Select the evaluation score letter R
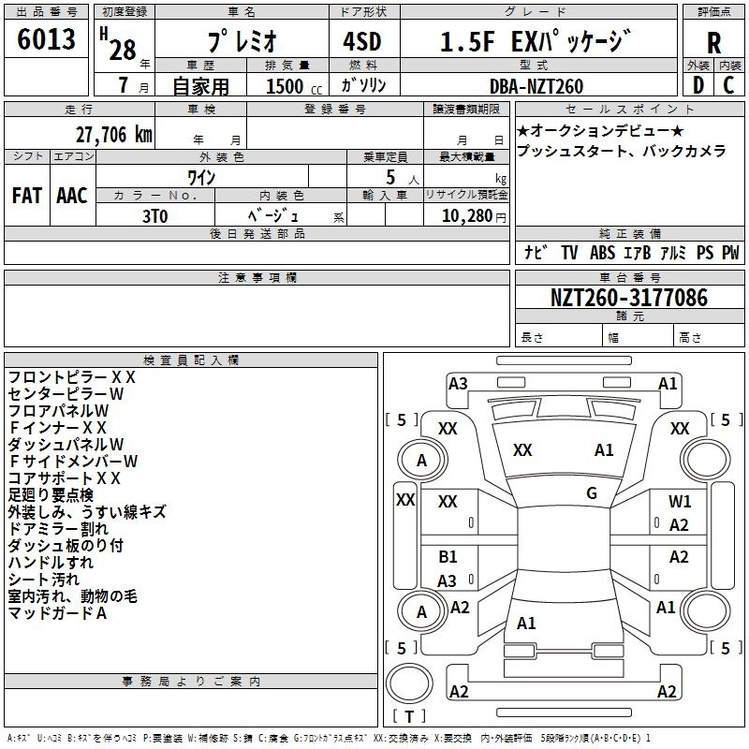(x=713, y=43)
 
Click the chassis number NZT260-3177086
(x=628, y=298)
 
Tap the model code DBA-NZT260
(x=536, y=86)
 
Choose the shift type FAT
(x=27, y=196)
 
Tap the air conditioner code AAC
(x=71, y=196)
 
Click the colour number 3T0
(x=154, y=216)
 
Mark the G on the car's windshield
(x=592, y=492)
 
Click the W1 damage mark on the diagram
(x=680, y=502)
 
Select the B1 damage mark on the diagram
(x=448, y=557)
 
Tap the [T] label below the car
(x=408, y=717)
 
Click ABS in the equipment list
(x=602, y=253)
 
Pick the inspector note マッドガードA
(x=57, y=613)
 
